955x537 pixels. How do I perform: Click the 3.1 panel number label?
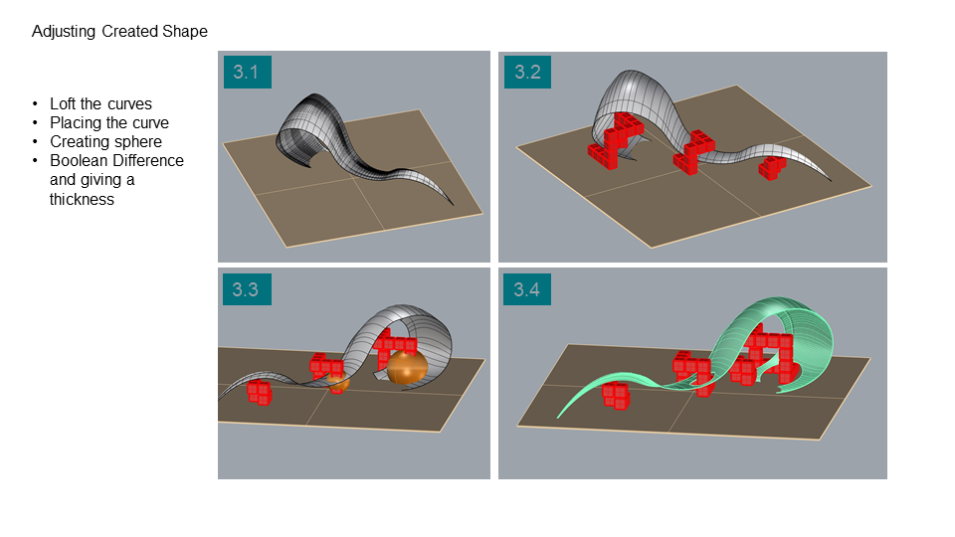tap(248, 72)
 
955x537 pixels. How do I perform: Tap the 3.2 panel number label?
tap(527, 72)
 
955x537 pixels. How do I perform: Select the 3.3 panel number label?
tap(247, 289)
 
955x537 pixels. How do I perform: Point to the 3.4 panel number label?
tap(527, 289)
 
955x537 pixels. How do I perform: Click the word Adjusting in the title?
tap(64, 32)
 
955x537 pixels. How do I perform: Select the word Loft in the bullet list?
tap(63, 104)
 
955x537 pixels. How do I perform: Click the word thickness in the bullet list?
tap(82, 200)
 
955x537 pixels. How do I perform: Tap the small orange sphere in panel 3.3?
tap(337, 382)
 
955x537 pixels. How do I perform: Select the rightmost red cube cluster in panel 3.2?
tap(772, 167)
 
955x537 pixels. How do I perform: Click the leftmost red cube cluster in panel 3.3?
tap(260, 392)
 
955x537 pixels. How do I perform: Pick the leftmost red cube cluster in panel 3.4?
tap(616, 395)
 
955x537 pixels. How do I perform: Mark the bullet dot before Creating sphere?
tap(36, 142)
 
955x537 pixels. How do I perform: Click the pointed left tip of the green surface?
tap(558, 417)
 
